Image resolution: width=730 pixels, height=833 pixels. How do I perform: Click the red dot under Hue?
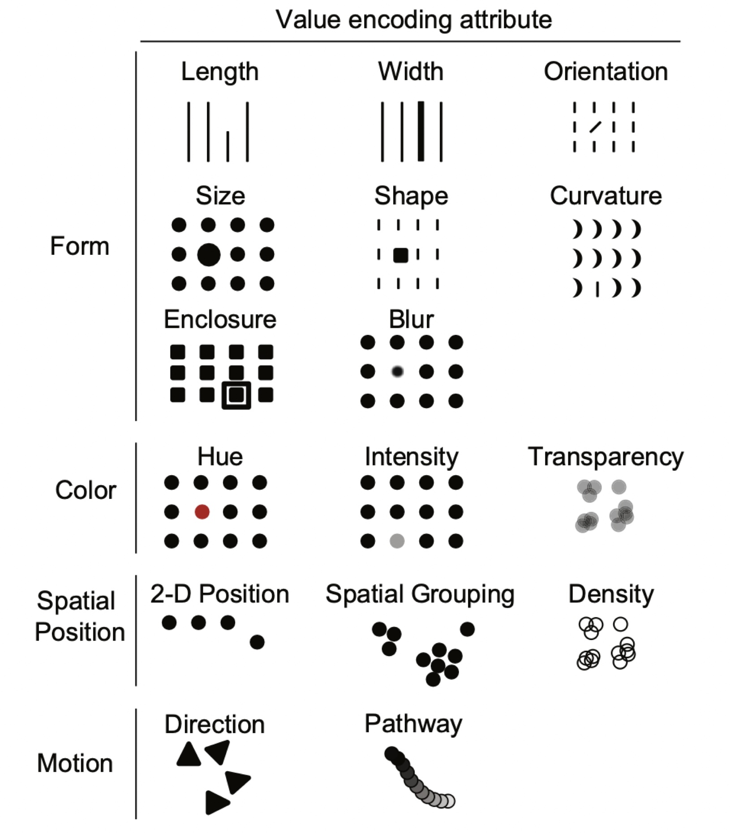(202, 511)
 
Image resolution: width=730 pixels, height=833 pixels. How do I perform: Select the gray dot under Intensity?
(397, 541)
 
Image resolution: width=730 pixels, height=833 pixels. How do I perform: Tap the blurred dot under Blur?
(397, 371)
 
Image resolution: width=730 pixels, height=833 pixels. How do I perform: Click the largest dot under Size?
(209, 254)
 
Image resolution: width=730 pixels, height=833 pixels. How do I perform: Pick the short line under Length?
(228, 146)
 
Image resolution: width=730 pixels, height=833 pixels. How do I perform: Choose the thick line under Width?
(421, 131)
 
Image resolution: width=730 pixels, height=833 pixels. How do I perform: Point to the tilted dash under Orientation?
(595, 127)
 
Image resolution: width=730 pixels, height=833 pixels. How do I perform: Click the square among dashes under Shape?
(400, 255)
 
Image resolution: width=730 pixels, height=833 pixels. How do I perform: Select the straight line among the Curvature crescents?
(597, 289)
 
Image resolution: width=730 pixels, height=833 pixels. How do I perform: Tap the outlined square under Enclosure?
(236, 395)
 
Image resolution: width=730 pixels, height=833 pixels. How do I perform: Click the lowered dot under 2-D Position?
(257, 642)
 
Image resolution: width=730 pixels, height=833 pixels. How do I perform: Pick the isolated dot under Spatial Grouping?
(467, 629)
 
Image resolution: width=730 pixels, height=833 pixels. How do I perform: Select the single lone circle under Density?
(621, 624)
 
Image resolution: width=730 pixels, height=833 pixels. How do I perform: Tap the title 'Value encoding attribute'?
(413, 20)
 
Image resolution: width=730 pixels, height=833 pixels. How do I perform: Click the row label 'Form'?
(80, 246)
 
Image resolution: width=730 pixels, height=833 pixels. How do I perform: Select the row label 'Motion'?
(75, 763)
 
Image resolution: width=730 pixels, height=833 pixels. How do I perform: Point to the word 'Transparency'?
(605, 457)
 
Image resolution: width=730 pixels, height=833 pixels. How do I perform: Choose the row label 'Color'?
(86, 490)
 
